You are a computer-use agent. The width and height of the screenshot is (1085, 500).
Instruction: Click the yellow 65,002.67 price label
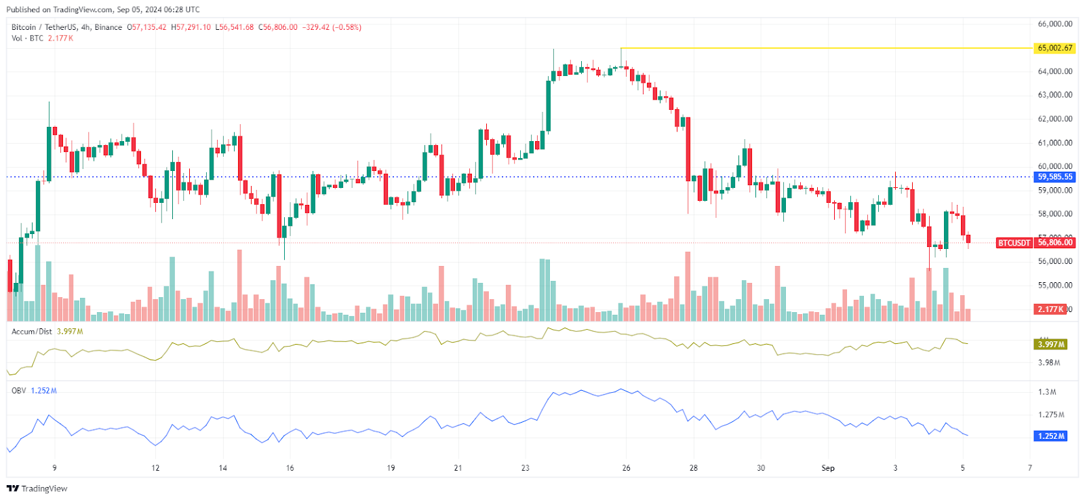click(1055, 48)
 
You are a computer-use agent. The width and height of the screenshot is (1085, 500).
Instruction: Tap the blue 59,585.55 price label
click(1055, 177)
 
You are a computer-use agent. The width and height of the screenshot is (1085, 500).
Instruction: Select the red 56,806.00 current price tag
click(1055, 243)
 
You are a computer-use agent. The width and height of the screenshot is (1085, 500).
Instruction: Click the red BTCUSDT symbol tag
click(1014, 243)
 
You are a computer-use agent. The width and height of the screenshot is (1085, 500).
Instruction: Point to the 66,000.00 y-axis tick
click(1055, 24)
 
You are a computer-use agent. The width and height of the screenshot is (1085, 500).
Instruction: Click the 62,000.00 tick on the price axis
click(1055, 119)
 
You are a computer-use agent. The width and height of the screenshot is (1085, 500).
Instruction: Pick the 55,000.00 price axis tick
click(1055, 286)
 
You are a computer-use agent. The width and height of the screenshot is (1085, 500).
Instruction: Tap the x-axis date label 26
click(626, 468)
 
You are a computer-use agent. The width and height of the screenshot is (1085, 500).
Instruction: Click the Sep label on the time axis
click(828, 468)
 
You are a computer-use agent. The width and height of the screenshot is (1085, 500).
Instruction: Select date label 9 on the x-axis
click(55, 468)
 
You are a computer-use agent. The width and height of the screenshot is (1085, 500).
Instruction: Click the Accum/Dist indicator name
click(32, 332)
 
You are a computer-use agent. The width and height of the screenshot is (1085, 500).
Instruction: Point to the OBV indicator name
click(19, 391)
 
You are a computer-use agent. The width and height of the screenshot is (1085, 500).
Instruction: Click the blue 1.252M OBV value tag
click(1052, 436)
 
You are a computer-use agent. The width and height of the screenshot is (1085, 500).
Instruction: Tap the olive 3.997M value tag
click(1052, 345)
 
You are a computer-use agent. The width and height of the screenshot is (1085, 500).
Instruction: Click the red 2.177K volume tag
click(1050, 309)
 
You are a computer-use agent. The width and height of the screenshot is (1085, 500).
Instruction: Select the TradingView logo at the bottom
click(37, 488)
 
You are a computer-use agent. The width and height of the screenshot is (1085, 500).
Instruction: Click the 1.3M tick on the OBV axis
click(1047, 392)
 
